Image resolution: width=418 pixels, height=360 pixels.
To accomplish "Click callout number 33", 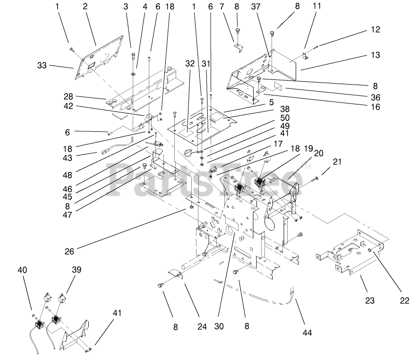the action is pyautogui.click(x=42, y=65).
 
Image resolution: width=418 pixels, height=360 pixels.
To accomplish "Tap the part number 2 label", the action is pyautogui.click(x=85, y=6).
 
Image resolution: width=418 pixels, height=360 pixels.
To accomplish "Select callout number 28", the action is pyautogui.click(x=68, y=96).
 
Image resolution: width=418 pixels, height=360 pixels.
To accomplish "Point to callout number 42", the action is pyautogui.click(x=68, y=106).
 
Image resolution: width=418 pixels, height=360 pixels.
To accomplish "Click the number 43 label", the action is pyautogui.click(x=68, y=158).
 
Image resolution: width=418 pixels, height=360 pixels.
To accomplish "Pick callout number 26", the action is pyautogui.click(x=69, y=251).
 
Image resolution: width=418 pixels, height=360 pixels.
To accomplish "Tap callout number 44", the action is pyautogui.click(x=307, y=333).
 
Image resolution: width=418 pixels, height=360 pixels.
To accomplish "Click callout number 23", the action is pyautogui.click(x=370, y=300).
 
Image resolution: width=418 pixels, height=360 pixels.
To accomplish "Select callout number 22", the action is pyautogui.click(x=405, y=300).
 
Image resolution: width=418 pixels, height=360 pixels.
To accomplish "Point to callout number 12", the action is pyautogui.click(x=375, y=29).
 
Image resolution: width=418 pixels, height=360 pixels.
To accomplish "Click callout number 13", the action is pyautogui.click(x=375, y=55).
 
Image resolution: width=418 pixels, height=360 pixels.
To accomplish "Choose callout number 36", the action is pyautogui.click(x=375, y=97).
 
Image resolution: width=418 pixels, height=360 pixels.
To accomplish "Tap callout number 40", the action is pyautogui.click(x=22, y=270).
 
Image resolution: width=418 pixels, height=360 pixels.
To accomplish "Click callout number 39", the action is pyautogui.click(x=77, y=270).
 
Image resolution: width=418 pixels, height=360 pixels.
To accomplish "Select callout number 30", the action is pyautogui.click(x=219, y=326).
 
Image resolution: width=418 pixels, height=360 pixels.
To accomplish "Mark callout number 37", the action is pyautogui.click(x=256, y=7).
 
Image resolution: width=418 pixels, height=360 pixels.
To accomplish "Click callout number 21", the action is pyautogui.click(x=337, y=162).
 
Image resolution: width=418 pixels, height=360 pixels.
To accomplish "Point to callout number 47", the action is pyautogui.click(x=68, y=214).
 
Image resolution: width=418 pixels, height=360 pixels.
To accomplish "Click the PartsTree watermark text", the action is pyautogui.click(x=205, y=179).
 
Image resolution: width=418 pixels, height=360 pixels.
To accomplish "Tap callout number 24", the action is pyautogui.click(x=202, y=326).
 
